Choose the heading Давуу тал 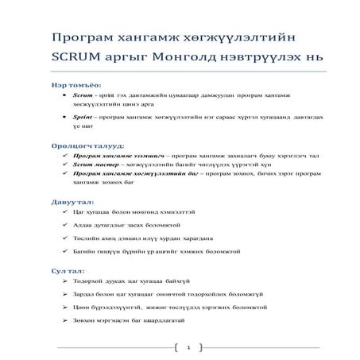point(71,204)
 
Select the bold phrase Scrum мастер point(97,165)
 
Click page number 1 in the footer point(188,347)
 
